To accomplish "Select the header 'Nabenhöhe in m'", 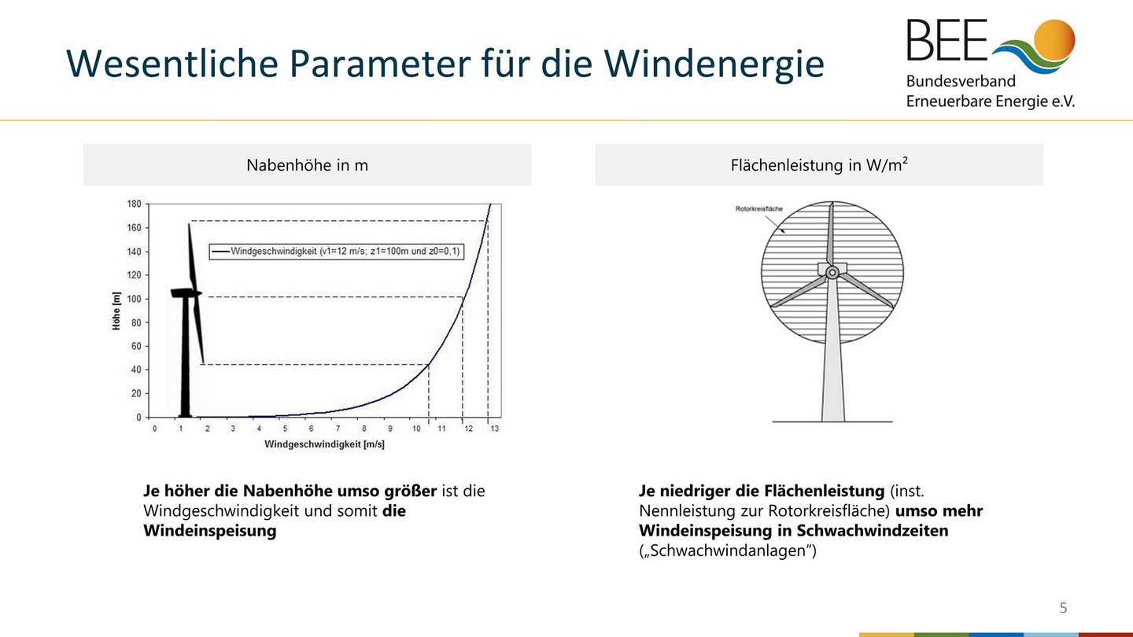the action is [x=307, y=165].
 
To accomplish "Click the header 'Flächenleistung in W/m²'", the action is [x=819, y=164].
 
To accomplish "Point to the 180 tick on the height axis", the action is [x=134, y=204].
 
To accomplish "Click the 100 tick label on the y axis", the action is [x=134, y=299].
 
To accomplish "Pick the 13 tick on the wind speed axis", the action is [x=494, y=428].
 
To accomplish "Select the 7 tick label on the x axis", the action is [x=338, y=428].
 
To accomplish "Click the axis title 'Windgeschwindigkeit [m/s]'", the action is [x=324, y=444].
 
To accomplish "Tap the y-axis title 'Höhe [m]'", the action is [x=116, y=311].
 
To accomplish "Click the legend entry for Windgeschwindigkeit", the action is [x=336, y=252].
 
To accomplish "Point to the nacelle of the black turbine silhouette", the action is [x=186, y=293].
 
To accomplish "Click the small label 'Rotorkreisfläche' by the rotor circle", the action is [x=758, y=208].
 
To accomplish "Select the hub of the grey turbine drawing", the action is [x=832, y=273].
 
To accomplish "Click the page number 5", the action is [x=1063, y=608].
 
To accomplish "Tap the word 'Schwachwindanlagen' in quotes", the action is [x=729, y=550].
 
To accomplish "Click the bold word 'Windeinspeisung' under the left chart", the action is [x=210, y=530].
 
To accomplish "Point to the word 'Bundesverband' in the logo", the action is [x=961, y=81].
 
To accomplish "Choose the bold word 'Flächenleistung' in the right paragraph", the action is [x=825, y=491].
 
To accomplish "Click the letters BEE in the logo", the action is [x=947, y=39].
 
